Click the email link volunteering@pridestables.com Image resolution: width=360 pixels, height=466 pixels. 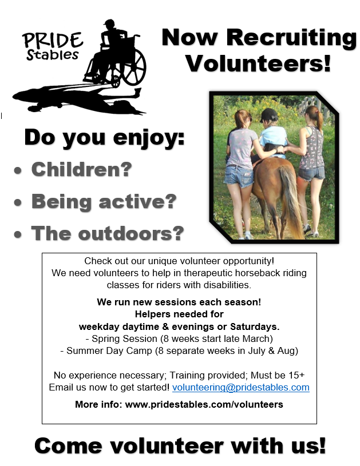[x=241, y=388]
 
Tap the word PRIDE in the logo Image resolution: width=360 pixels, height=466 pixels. [x=52, y=40]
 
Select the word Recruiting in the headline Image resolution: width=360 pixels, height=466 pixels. [x=291, y=37]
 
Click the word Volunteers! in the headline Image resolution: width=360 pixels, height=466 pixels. [x=258, y=63]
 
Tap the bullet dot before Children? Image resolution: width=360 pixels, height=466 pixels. [x=18, y=170]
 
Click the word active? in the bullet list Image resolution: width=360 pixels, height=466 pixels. [x=137, y=201]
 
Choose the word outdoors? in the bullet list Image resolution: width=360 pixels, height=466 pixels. [x=131, y=233]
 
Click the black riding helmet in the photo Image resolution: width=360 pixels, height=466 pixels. [x=268, y=115]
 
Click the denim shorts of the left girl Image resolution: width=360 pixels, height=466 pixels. [x=239, y=176]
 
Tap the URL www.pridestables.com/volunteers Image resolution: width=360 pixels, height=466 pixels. [x=204, y=404]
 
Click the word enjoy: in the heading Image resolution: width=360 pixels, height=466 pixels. [x=149, y=138]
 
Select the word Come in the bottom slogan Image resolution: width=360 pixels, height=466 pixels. [x=69, y=446]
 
